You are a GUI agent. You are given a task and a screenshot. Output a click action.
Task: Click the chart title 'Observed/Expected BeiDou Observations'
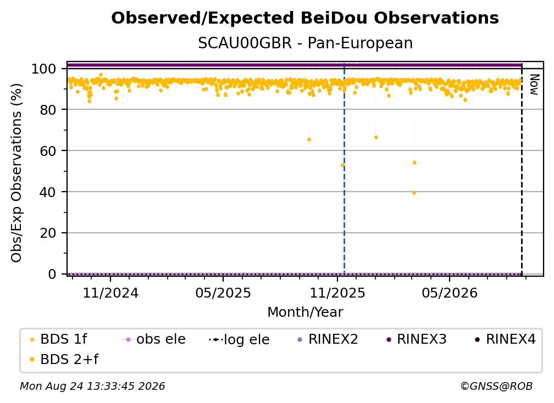point(305,18)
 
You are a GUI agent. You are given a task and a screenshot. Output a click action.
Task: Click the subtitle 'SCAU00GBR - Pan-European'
point(305,43)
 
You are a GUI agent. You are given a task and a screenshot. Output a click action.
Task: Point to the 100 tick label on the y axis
point(44,69)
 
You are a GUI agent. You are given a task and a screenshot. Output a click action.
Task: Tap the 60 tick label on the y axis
point(48,150)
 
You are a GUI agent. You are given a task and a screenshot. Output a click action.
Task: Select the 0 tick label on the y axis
point(52,274)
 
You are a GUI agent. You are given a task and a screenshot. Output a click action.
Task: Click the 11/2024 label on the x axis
point(110,293)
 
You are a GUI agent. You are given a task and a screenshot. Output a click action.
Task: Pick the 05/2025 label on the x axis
point(223,293)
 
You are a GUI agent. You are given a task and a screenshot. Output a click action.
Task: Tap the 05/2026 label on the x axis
point(450,293)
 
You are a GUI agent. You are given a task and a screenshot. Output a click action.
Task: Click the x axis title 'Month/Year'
point(305,312)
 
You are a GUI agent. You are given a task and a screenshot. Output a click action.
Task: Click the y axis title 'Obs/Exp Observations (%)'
point(16,172)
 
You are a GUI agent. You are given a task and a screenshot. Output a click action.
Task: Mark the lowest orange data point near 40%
point(414,193)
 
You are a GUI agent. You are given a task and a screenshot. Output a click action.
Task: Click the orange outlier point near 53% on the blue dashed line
point(342,165)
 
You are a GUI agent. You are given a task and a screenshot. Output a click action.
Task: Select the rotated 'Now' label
point(534,85)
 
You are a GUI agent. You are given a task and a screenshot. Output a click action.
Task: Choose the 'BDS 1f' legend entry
point(59,339)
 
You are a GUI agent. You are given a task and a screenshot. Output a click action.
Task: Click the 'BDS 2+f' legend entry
point(64,360)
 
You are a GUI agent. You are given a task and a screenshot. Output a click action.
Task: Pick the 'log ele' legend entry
point(240,339)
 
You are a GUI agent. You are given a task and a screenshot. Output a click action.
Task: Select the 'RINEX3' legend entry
point(417,339)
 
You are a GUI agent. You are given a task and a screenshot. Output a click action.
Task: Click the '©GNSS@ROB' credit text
point(496,386)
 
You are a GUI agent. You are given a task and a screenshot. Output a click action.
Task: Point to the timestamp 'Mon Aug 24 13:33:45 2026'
point(92,386)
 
